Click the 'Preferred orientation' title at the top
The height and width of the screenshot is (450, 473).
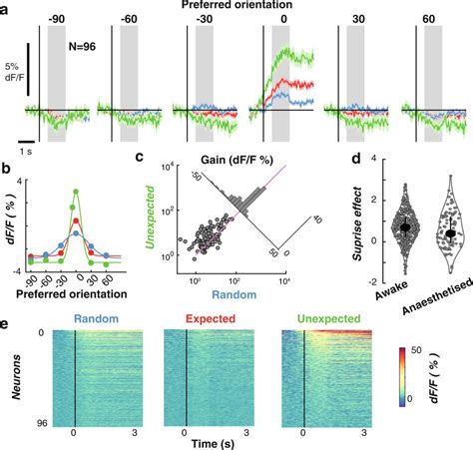(x=236, y=6)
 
